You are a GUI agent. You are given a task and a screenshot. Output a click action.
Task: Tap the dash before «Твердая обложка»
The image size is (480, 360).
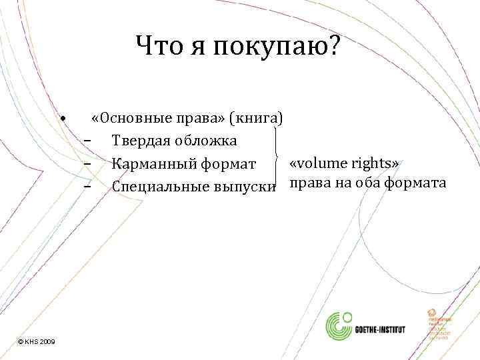(87, 141)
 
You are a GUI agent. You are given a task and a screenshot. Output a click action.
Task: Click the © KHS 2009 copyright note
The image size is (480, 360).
(37, 341)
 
